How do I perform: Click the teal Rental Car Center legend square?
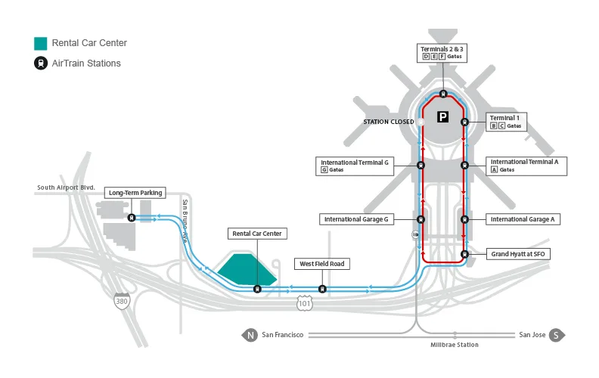41,42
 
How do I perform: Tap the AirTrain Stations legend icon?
41,64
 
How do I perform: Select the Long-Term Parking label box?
135,193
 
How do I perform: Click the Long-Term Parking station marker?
132,218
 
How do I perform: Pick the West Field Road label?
321,264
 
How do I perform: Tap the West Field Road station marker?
323,288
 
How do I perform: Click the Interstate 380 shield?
121,300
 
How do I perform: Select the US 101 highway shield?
303,302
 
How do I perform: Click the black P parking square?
443,117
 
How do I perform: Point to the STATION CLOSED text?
389,122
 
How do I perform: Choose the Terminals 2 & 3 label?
442,52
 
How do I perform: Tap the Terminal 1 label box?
506,122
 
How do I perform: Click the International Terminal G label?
355,166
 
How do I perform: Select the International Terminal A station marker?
464,165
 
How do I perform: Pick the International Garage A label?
523,219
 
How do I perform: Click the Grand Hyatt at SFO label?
517,254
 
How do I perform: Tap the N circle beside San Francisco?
250,335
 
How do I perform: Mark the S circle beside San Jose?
556,335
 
